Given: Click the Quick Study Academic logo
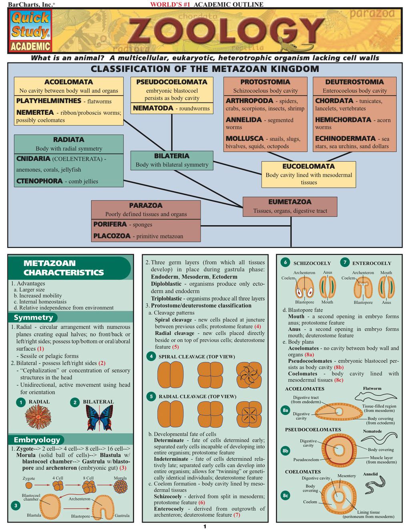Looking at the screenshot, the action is [30, 30].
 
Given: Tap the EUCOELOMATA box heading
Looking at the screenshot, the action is [308, 166].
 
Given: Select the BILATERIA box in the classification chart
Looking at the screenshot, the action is [172, 160].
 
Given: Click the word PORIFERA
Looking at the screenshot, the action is [110, 224].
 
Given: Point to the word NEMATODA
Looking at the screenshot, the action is [153, 108].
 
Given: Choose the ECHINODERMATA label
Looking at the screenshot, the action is [345, 138].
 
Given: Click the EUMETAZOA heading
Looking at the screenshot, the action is [290, 202].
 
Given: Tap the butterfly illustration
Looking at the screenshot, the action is [99, 418].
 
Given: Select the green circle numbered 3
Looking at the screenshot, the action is [16, 506].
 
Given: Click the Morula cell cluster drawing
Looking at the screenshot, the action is [120, 486].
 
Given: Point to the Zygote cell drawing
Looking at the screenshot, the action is [29, 485].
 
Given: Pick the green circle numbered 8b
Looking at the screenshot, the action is [285, 451].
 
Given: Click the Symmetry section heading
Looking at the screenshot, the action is [33, 317].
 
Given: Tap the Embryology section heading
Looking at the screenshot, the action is [37, 440].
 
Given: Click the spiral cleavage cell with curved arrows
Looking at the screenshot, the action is [249, 375].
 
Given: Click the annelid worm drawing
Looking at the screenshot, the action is [375, 485].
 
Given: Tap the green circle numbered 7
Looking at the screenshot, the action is [345, 262].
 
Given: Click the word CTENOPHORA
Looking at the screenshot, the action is [40, 181].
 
